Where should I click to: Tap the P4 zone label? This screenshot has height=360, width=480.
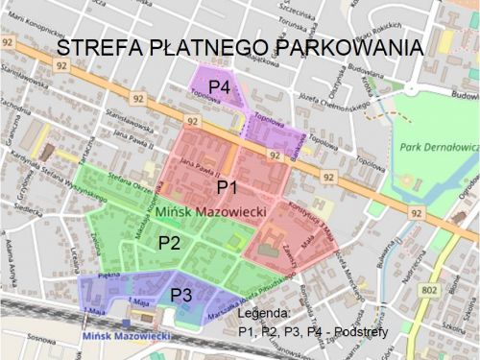tap(221, 87)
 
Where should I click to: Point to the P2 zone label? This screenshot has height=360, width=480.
tap(170, 242)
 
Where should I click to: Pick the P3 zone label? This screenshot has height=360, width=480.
tap(182, 294)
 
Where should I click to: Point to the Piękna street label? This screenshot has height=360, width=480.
tap(94, 276)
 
